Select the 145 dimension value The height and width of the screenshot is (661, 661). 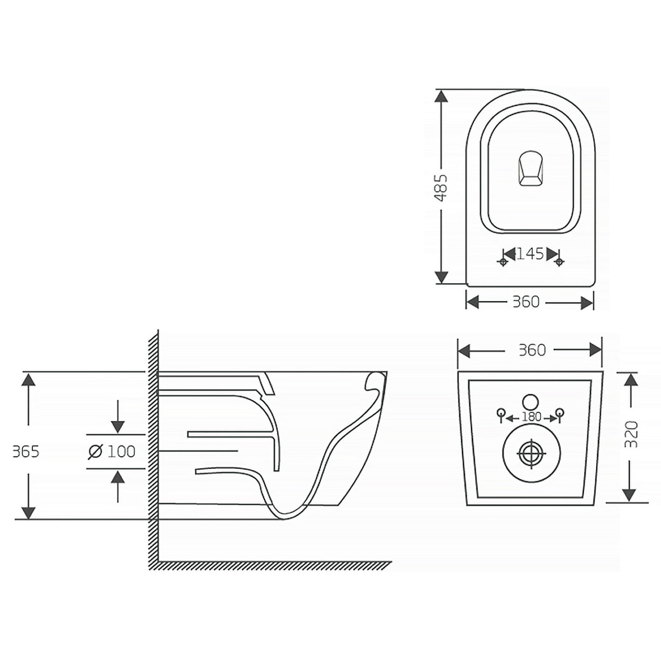coord(530,254)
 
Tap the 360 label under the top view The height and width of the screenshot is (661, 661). coord(526,302)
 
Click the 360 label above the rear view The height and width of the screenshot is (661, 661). coord(532,350)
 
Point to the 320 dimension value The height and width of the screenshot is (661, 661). coord(631,434)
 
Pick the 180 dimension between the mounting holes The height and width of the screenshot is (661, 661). coord(531,417)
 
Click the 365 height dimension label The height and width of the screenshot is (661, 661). coord(26,452)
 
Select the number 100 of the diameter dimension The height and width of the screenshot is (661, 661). coord(122,451)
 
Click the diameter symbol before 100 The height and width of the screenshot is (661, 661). coord(95,452)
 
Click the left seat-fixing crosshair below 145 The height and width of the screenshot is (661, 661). coord(502,262)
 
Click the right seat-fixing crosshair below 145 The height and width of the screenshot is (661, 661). coord(559,262)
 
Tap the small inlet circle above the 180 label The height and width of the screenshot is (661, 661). coord(531,402)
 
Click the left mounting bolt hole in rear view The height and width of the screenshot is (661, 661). coord(501,415)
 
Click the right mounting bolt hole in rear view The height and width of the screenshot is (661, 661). coord(561,415)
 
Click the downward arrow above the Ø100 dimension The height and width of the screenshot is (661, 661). coord(118,417)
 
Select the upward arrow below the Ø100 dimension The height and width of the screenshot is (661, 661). coord(118,486)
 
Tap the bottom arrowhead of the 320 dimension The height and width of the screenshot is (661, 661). coord(631,495)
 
